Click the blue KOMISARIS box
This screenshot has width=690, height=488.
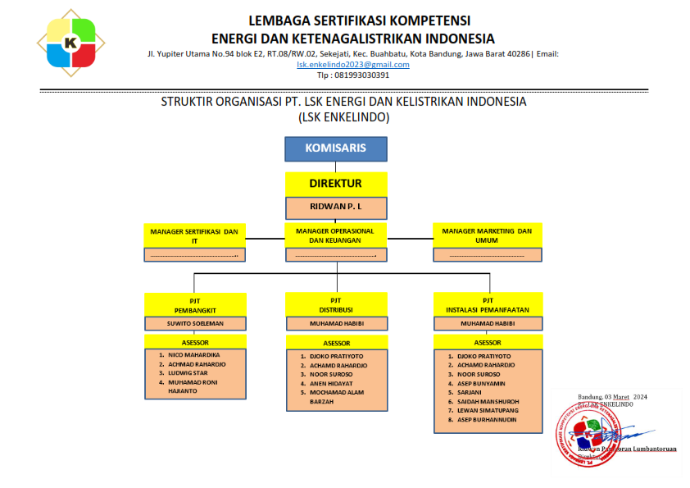click(x=335, y=149)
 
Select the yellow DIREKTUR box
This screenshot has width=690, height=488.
click(x=335, y=184)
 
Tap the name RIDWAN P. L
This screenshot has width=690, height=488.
click(x=335, y=208)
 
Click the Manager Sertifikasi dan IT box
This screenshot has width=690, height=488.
click(x=194, y=235)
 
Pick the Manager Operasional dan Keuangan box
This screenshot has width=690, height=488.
click(x=335, y=235)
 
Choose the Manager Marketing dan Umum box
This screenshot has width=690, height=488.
click(x=487, y=235)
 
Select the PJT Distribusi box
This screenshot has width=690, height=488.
click(x=335, y=305)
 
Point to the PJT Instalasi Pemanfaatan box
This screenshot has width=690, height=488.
click(x=487, y=305)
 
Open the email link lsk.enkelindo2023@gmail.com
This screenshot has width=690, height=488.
click(x=353, y=64)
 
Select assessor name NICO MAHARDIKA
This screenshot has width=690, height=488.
click(x=194, y=354)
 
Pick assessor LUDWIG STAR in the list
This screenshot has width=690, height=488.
click(x=189, y=372)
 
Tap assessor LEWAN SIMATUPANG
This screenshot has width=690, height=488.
click(x=488, y=410)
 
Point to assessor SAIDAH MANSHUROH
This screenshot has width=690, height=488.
click(x=489, y=401)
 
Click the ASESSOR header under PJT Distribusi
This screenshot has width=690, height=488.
click(x=336, y=343)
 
